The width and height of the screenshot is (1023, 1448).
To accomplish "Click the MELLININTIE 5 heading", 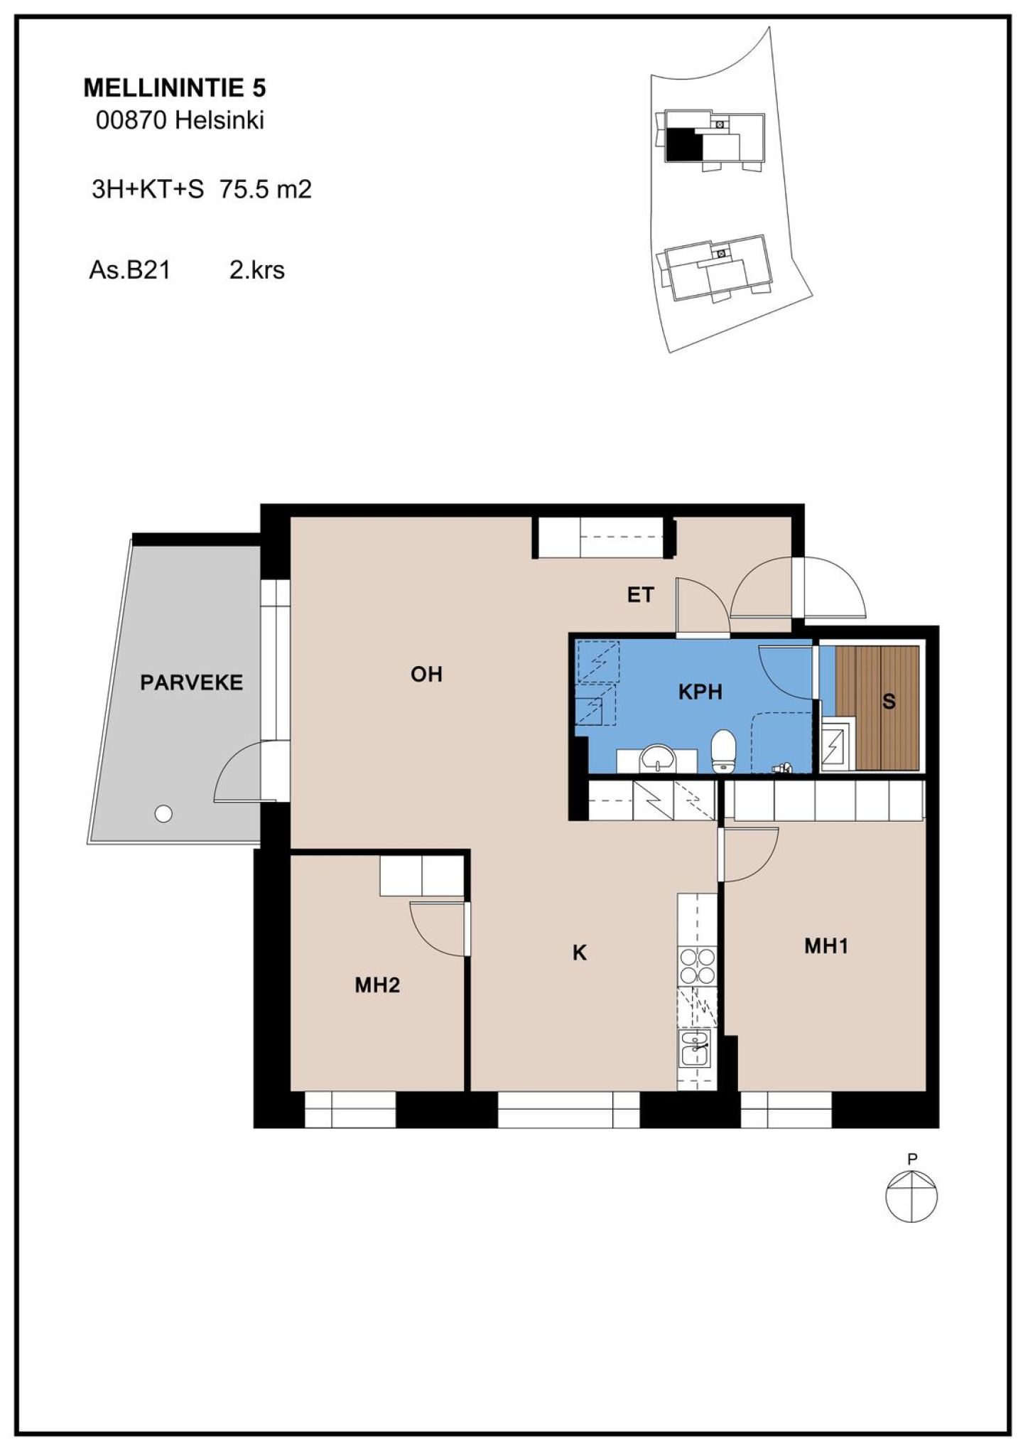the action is coord(175,87).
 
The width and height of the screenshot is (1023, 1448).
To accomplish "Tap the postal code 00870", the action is coord(131,120).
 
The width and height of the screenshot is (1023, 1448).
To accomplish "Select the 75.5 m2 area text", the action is coord(266,189).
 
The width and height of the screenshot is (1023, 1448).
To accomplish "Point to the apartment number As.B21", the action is coord(130,270).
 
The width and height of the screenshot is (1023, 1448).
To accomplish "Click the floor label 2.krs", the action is coord(256,270).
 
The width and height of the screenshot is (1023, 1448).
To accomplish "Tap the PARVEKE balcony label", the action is coord(191,682).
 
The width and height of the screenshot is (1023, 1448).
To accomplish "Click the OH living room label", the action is coord(426,673).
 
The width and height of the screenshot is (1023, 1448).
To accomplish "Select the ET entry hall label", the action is coord(640,594).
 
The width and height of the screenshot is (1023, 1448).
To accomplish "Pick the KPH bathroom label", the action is coord(700,691).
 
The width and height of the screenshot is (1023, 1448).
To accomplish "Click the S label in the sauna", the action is coord(888,702).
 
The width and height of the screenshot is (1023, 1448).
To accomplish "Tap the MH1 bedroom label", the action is coord(826,945).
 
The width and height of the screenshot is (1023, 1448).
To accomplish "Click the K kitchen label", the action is coord(580,953).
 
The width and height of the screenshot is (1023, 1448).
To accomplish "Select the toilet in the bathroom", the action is coord(724,750).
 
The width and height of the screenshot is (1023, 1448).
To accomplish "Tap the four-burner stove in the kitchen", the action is coord(698,966).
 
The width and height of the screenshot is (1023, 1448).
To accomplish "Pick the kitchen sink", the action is coord(695,1047).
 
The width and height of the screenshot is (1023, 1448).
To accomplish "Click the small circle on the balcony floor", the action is coord(163,814).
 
